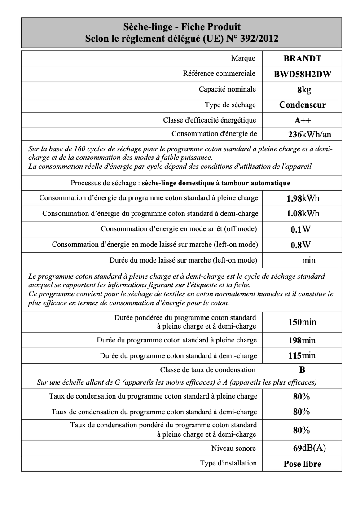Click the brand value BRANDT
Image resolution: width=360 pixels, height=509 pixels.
[x=302, y=58]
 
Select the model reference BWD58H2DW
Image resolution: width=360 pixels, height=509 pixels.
[x=302, y=75]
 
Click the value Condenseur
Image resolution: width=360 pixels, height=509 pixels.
[x=302, y=105]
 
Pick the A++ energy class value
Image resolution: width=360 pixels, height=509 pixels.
[x=302, y=120]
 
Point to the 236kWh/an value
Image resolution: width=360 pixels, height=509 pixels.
[x=309, y=134]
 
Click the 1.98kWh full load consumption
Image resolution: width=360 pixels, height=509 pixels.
[x=303, y=198]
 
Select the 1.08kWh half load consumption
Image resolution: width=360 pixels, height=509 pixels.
[x=303, y=214]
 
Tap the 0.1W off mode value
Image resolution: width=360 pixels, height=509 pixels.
[x=301, y=229]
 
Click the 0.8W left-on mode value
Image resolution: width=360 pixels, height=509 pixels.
[x=301, y=245]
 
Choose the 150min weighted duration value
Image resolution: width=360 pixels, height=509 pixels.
[x=302, y=322]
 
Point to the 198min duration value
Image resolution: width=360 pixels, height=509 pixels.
[x=302, y=341]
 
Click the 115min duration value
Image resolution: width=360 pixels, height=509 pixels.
[x=302, y=356]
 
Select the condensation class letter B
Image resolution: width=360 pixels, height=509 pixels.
[x=302, y=370]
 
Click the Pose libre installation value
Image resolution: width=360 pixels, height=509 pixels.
[x=302, y=464]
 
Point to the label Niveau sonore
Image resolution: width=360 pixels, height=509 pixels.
[x=233, y=448]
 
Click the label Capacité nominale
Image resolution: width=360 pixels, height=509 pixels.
[x=227, y=89]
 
